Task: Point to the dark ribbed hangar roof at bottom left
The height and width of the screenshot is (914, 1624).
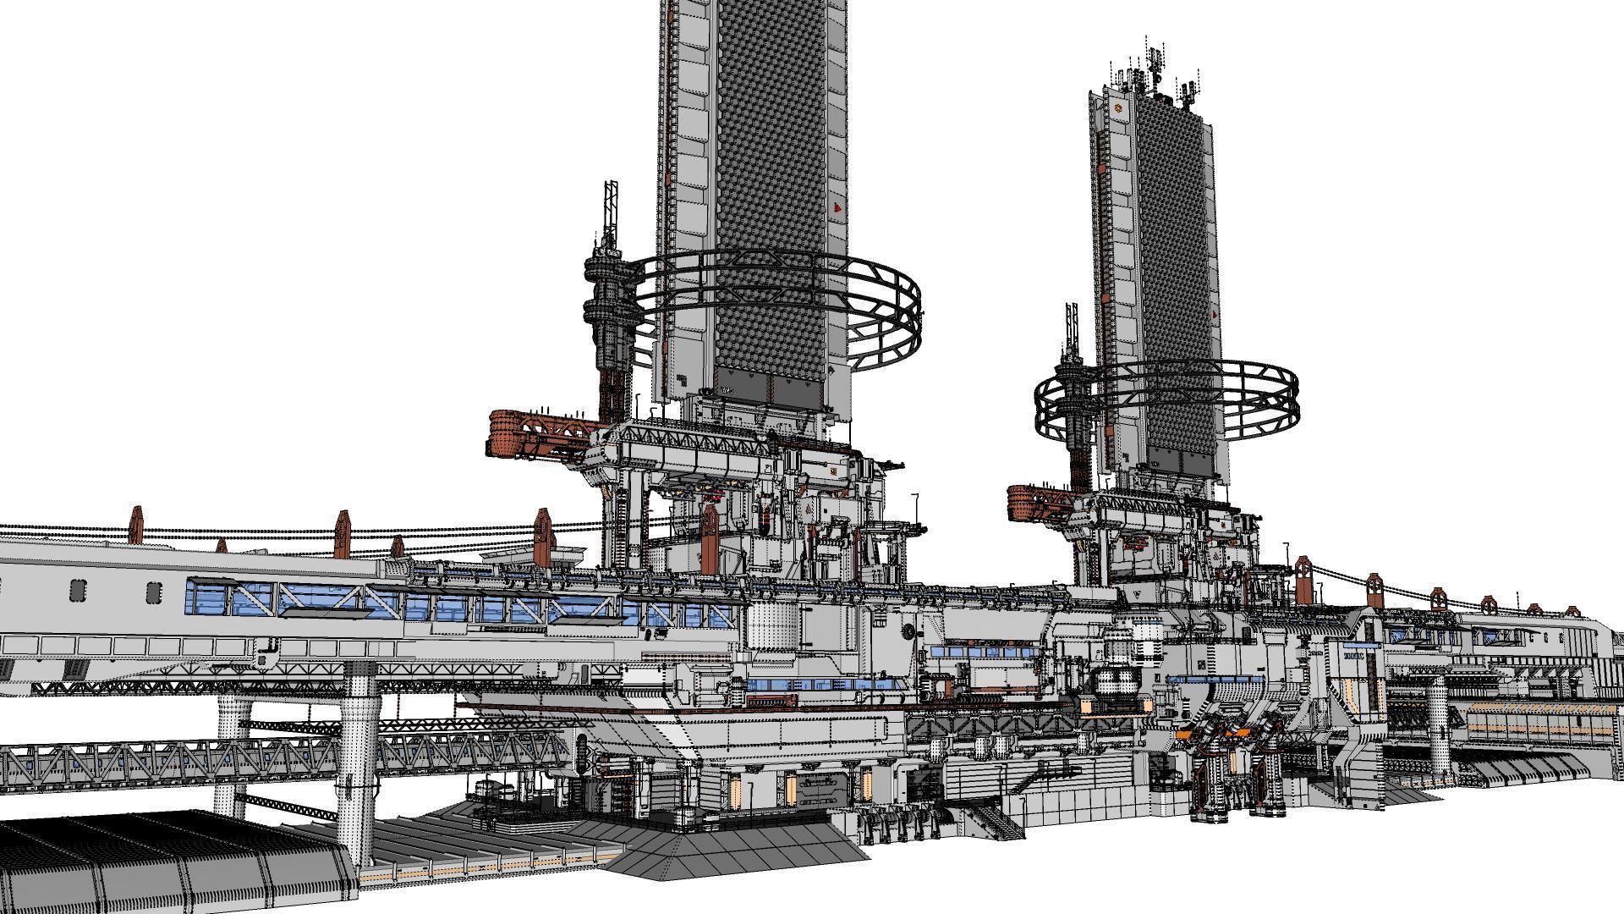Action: (x=152, y=863)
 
